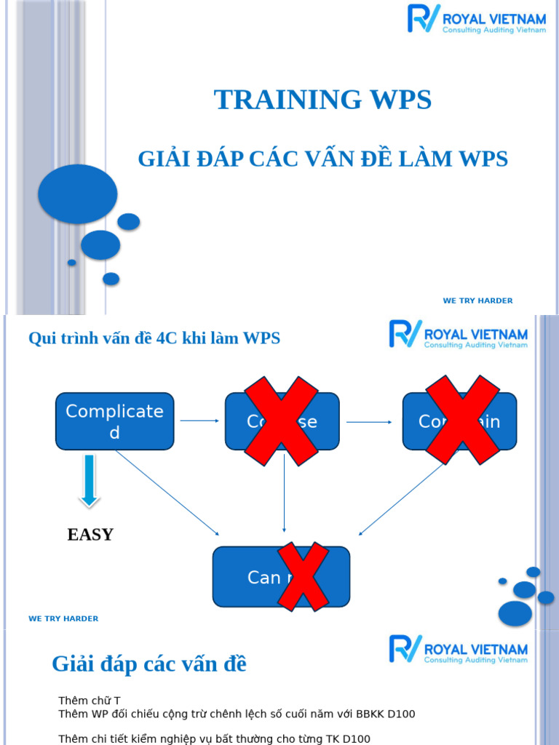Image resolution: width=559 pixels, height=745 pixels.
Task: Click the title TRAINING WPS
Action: tap(322, 100)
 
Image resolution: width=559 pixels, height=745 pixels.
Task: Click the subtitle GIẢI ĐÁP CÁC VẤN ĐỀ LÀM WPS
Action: tap(322, 159)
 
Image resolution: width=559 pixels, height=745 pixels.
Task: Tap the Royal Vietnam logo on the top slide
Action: tap(476, 19)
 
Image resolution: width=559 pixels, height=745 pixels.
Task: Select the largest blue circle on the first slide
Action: tap(77, 194)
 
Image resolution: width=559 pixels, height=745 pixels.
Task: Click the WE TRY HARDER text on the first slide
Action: tap(477, 300)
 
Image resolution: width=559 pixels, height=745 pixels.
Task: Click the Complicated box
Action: tap(114, 421)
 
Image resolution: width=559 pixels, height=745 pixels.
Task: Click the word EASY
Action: tap(90, 535)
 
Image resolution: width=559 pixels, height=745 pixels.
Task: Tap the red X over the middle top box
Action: tap(282, 421)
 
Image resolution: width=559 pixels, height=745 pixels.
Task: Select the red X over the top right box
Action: tap(462, 420)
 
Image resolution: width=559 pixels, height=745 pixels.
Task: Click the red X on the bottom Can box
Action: tap(298, 576)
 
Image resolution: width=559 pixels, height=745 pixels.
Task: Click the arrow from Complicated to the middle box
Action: tap(199, 421)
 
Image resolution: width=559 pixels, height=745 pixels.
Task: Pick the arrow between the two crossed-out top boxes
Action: tap(370, 421)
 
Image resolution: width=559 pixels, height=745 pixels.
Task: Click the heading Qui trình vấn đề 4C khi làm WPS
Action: tap(154, 338)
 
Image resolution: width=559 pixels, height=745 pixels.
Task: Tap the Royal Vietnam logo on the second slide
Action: tap(458, 334)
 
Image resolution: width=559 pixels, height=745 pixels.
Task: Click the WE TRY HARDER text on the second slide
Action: tap(63, 618)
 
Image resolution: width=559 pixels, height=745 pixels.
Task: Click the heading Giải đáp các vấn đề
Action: tap(149, 664)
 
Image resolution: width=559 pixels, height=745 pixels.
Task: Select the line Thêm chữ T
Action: tap(89, 701)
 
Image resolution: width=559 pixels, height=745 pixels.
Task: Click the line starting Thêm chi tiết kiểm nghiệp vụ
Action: tap(214, 738)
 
